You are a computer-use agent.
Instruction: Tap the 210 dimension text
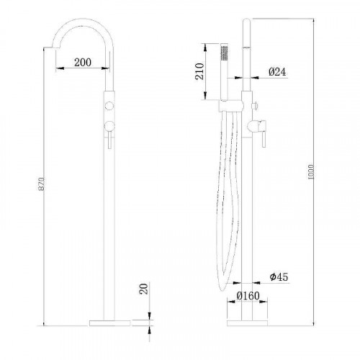(199, 70)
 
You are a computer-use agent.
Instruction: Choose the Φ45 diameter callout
(279, 277)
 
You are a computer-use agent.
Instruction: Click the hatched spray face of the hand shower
(223, 53)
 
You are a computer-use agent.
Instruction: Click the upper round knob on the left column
(109, 106)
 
